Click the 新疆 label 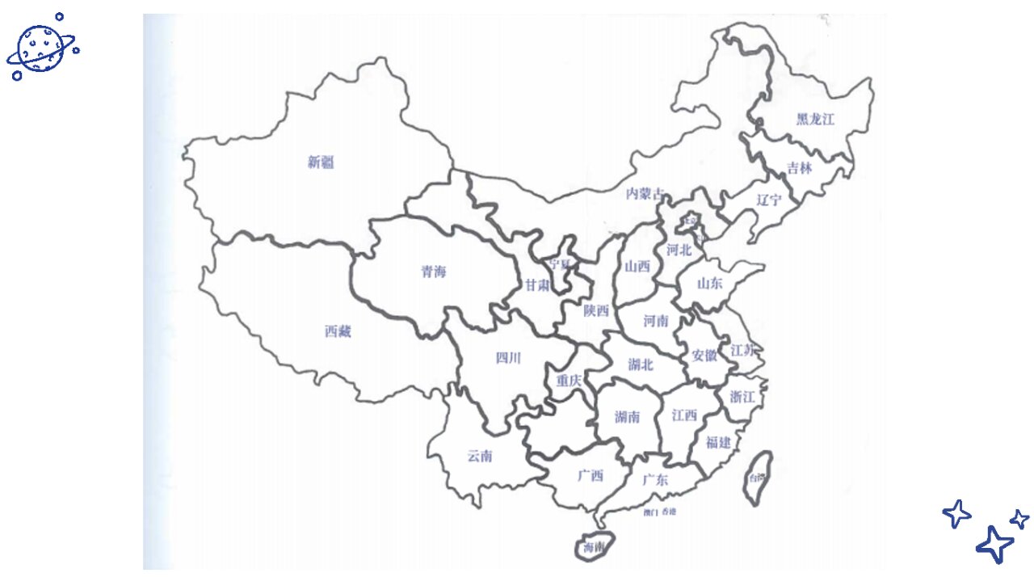point(321,162)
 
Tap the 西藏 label point(338,331)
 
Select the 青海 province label point(433,272)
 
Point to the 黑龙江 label point(815,119)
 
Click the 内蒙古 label point(645,193)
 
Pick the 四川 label point(508,359)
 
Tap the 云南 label point(480,456)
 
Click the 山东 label point(710,283)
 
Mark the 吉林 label point(800,168)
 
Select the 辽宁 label point(769,200)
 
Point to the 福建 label point(718,442)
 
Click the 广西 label point(591,476)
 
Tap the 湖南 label point(628,417)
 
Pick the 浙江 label point(742,397)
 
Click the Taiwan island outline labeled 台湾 point(758,478)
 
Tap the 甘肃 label point(537,285)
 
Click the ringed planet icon point(40,46)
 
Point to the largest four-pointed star point(994,544)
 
